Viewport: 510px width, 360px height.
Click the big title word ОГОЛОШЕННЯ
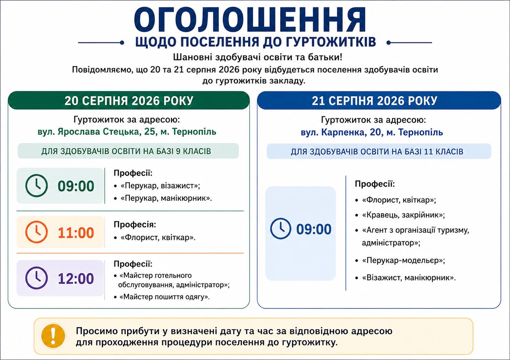[x=250, y=20]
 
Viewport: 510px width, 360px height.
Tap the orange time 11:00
[x=76, y=233]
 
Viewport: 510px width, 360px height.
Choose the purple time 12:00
[x=76, y=278]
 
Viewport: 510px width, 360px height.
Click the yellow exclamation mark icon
[x=53, y=336]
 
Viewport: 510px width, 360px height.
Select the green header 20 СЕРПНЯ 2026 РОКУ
[x=129, y=101]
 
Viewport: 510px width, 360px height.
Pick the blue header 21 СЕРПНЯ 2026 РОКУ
[x=375, y=101]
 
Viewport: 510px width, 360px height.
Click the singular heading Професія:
[x=135, y=225]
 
